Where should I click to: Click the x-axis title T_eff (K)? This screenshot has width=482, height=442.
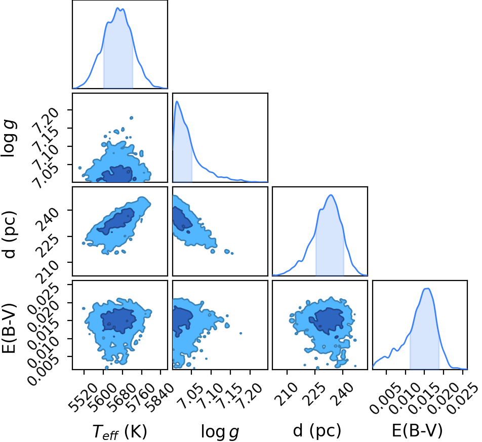point(119,431)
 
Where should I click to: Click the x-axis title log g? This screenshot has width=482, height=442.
point(220,432)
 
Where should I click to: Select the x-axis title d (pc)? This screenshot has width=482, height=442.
point(317,431)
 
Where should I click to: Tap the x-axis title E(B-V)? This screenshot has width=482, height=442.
point(417,430)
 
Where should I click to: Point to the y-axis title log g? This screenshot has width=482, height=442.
point(9,139)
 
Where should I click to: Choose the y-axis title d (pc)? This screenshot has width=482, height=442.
point(9,234)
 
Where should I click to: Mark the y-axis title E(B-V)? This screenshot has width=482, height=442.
point(9,328)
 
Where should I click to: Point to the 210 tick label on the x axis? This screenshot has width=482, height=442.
point(286,394)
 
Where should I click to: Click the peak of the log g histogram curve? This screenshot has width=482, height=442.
point(177,101)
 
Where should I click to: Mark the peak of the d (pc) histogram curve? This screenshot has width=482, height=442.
point(331,195)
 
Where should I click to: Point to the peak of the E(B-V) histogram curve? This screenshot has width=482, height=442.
point(427,288)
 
